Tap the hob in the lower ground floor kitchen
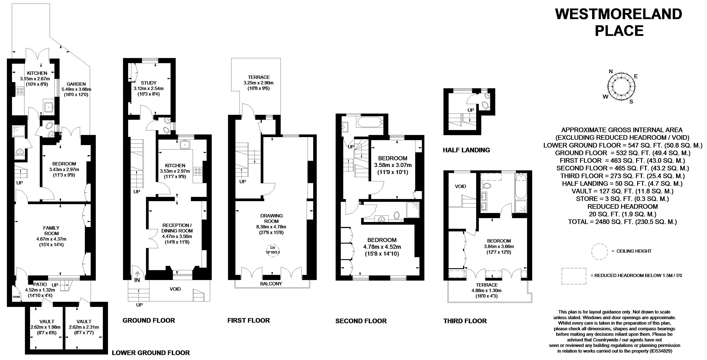coord(20,91)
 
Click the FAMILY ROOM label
coord(51,231)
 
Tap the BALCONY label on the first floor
coord(271,284)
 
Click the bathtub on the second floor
coord(369,122)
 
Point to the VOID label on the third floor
coord(461,186)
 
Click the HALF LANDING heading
coord(466,150)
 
